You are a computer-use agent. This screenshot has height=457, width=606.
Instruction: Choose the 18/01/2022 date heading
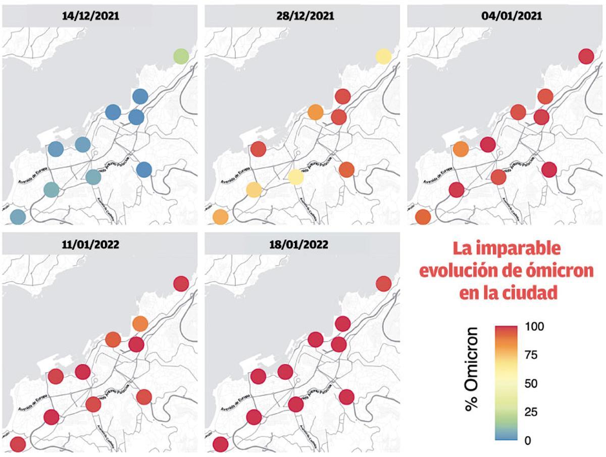pyautogui.click(x=306, y=245)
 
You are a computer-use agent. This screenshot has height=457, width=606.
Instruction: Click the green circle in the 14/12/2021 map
pyautogui.click(x=181, y=56)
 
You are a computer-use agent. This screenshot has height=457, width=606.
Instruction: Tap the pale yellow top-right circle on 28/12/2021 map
pyautogui.click(x=383, y=56)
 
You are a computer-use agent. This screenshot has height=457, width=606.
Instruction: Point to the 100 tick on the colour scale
pyautogui.click(x=535, y=326)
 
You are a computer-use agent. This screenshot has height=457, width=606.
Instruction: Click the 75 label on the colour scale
pyautogui.click(x=531, y=355)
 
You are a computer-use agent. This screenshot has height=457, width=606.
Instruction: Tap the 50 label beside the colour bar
pyautogui.click(x=531, y=384)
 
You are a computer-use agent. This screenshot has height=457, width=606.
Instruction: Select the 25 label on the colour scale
pyautogui.click(x=531, y=412)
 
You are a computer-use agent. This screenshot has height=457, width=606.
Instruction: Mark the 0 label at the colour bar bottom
pyautogui.click(x=528, y=441)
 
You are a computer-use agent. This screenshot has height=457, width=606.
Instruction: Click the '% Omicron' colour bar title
pyautogui.click(x=472, y=369)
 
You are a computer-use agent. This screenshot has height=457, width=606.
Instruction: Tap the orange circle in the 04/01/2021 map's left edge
pyautogui.click(x=461, y=149)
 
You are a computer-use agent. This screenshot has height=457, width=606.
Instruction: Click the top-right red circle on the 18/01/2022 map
pyautogui.click(x=383, y=284)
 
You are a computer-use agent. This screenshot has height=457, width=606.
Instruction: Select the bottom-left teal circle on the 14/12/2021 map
pyautogui.click(x=18, y=217)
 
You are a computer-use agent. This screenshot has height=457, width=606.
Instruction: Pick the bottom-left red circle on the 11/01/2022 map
pyautogui.click(x=18, y=444)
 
